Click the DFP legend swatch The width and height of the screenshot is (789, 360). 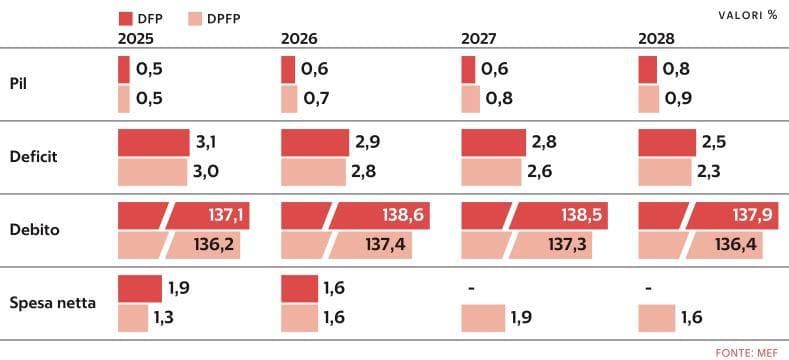pos(125,19)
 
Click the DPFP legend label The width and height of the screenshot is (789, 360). pos(223,19)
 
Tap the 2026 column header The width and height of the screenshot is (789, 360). pos(299,39)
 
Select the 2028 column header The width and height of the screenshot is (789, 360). pos(656,39)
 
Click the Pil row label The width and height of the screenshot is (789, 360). pos(18,84)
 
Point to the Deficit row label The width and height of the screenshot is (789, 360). pos(34,157)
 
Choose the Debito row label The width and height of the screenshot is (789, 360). pos(35,230)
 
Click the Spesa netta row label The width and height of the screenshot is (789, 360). pos(53,304)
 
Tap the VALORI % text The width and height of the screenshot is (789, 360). pos(748,16)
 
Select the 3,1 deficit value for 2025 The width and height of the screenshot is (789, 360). pos(205,142)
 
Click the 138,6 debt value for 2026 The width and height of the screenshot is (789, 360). pos(403,216)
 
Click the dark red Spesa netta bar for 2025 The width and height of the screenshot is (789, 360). pos(140,289)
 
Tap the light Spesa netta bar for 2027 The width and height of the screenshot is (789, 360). pos(483,318)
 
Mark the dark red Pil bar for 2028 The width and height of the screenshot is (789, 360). pos(648,69)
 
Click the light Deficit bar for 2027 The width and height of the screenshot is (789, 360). pos(491,172)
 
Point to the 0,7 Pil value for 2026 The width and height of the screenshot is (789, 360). pos(317,98)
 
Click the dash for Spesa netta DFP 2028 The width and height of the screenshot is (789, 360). pos(649,290)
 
